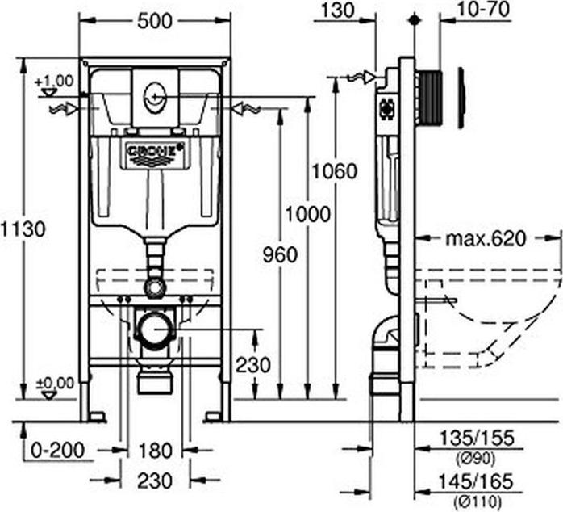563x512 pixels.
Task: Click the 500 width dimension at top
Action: tap(155, 21)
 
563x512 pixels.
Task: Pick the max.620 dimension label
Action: tap(485, 238)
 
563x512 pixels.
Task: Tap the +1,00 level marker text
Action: tap(54, 81)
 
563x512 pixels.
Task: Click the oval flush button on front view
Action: tap(155, 100)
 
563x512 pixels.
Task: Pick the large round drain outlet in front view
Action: tap(154, 329)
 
